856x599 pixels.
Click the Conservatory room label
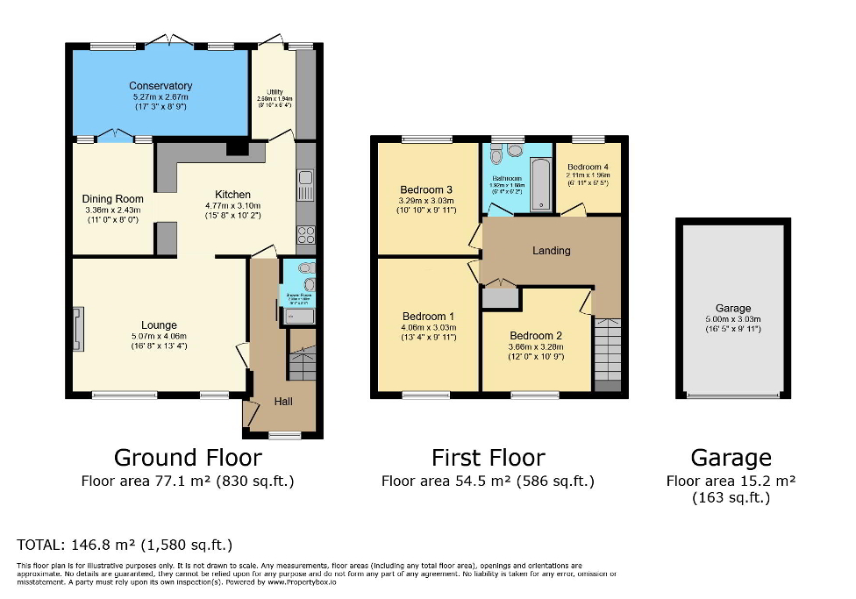pyautogui.click(x=160, y=86)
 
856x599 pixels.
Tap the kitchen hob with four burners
pyautogui.click(x=306, y=234)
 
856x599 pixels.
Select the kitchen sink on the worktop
pyautogui.click(x=305, y=183)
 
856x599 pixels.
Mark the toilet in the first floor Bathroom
pyautogui.click(x=496, y=155)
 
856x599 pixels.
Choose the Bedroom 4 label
pyautogui.click(x=588, y=167)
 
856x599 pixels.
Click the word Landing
pyautogui.click(x=552, y=250)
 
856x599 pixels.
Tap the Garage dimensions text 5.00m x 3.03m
pyautogui.click(x=733, y=319)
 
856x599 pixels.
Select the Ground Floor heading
pyautogui.click(x=188, y=457)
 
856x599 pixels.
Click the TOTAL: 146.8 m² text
pyautogui.click(x=125, y=544)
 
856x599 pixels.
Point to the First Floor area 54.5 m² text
pyautogui.click(x=488, y=481)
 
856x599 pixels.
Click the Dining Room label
pyautogui.click(x=113, y=199)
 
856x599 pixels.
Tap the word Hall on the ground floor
pyautogui.click(x=284, y=401)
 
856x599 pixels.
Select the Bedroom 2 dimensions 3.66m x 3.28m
pyautogui.click(x=537, y=346)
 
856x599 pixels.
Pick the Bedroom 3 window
pyautogui.click(x=427, y=139)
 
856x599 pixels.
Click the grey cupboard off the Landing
pyautogui.click(x=499, y=298)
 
